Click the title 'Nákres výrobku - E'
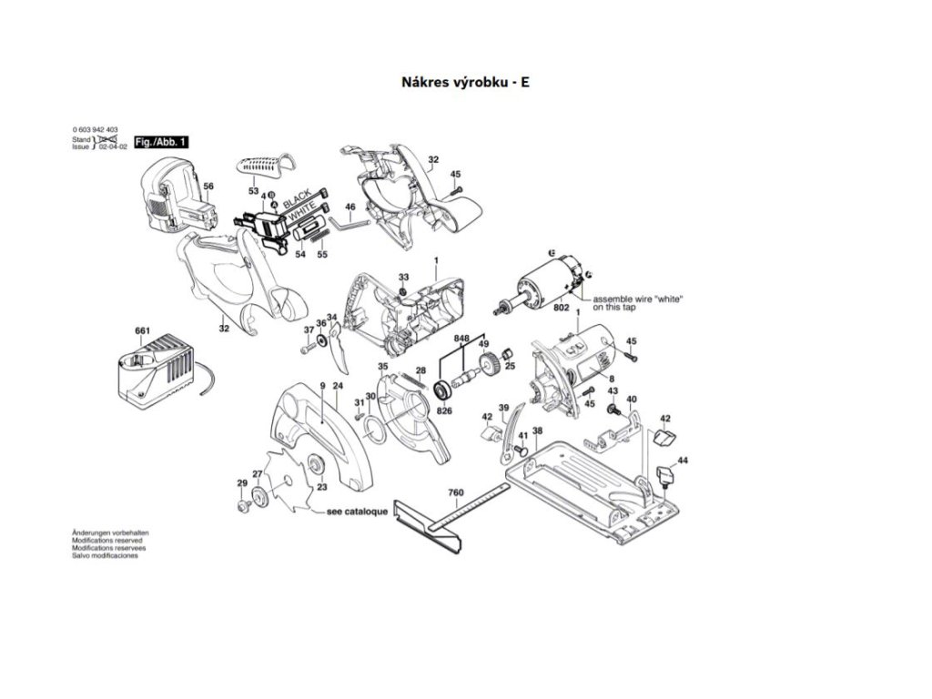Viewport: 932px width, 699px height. (465, 82)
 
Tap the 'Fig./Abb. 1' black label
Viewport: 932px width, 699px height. (161, 143)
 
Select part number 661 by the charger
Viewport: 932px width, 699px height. (142, 330)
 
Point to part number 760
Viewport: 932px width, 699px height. (455, 493)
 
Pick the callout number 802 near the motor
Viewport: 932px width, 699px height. (562, 309)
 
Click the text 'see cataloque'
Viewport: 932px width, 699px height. (358, 512)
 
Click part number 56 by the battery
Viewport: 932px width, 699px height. (208, 187)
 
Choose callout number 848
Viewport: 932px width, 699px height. (462, 338)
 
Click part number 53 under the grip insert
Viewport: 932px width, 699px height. (253, 191)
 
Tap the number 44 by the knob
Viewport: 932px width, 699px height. (683, 461)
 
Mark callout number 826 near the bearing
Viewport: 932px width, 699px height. (445, 410)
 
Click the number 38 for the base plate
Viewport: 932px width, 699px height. (537, 431)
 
